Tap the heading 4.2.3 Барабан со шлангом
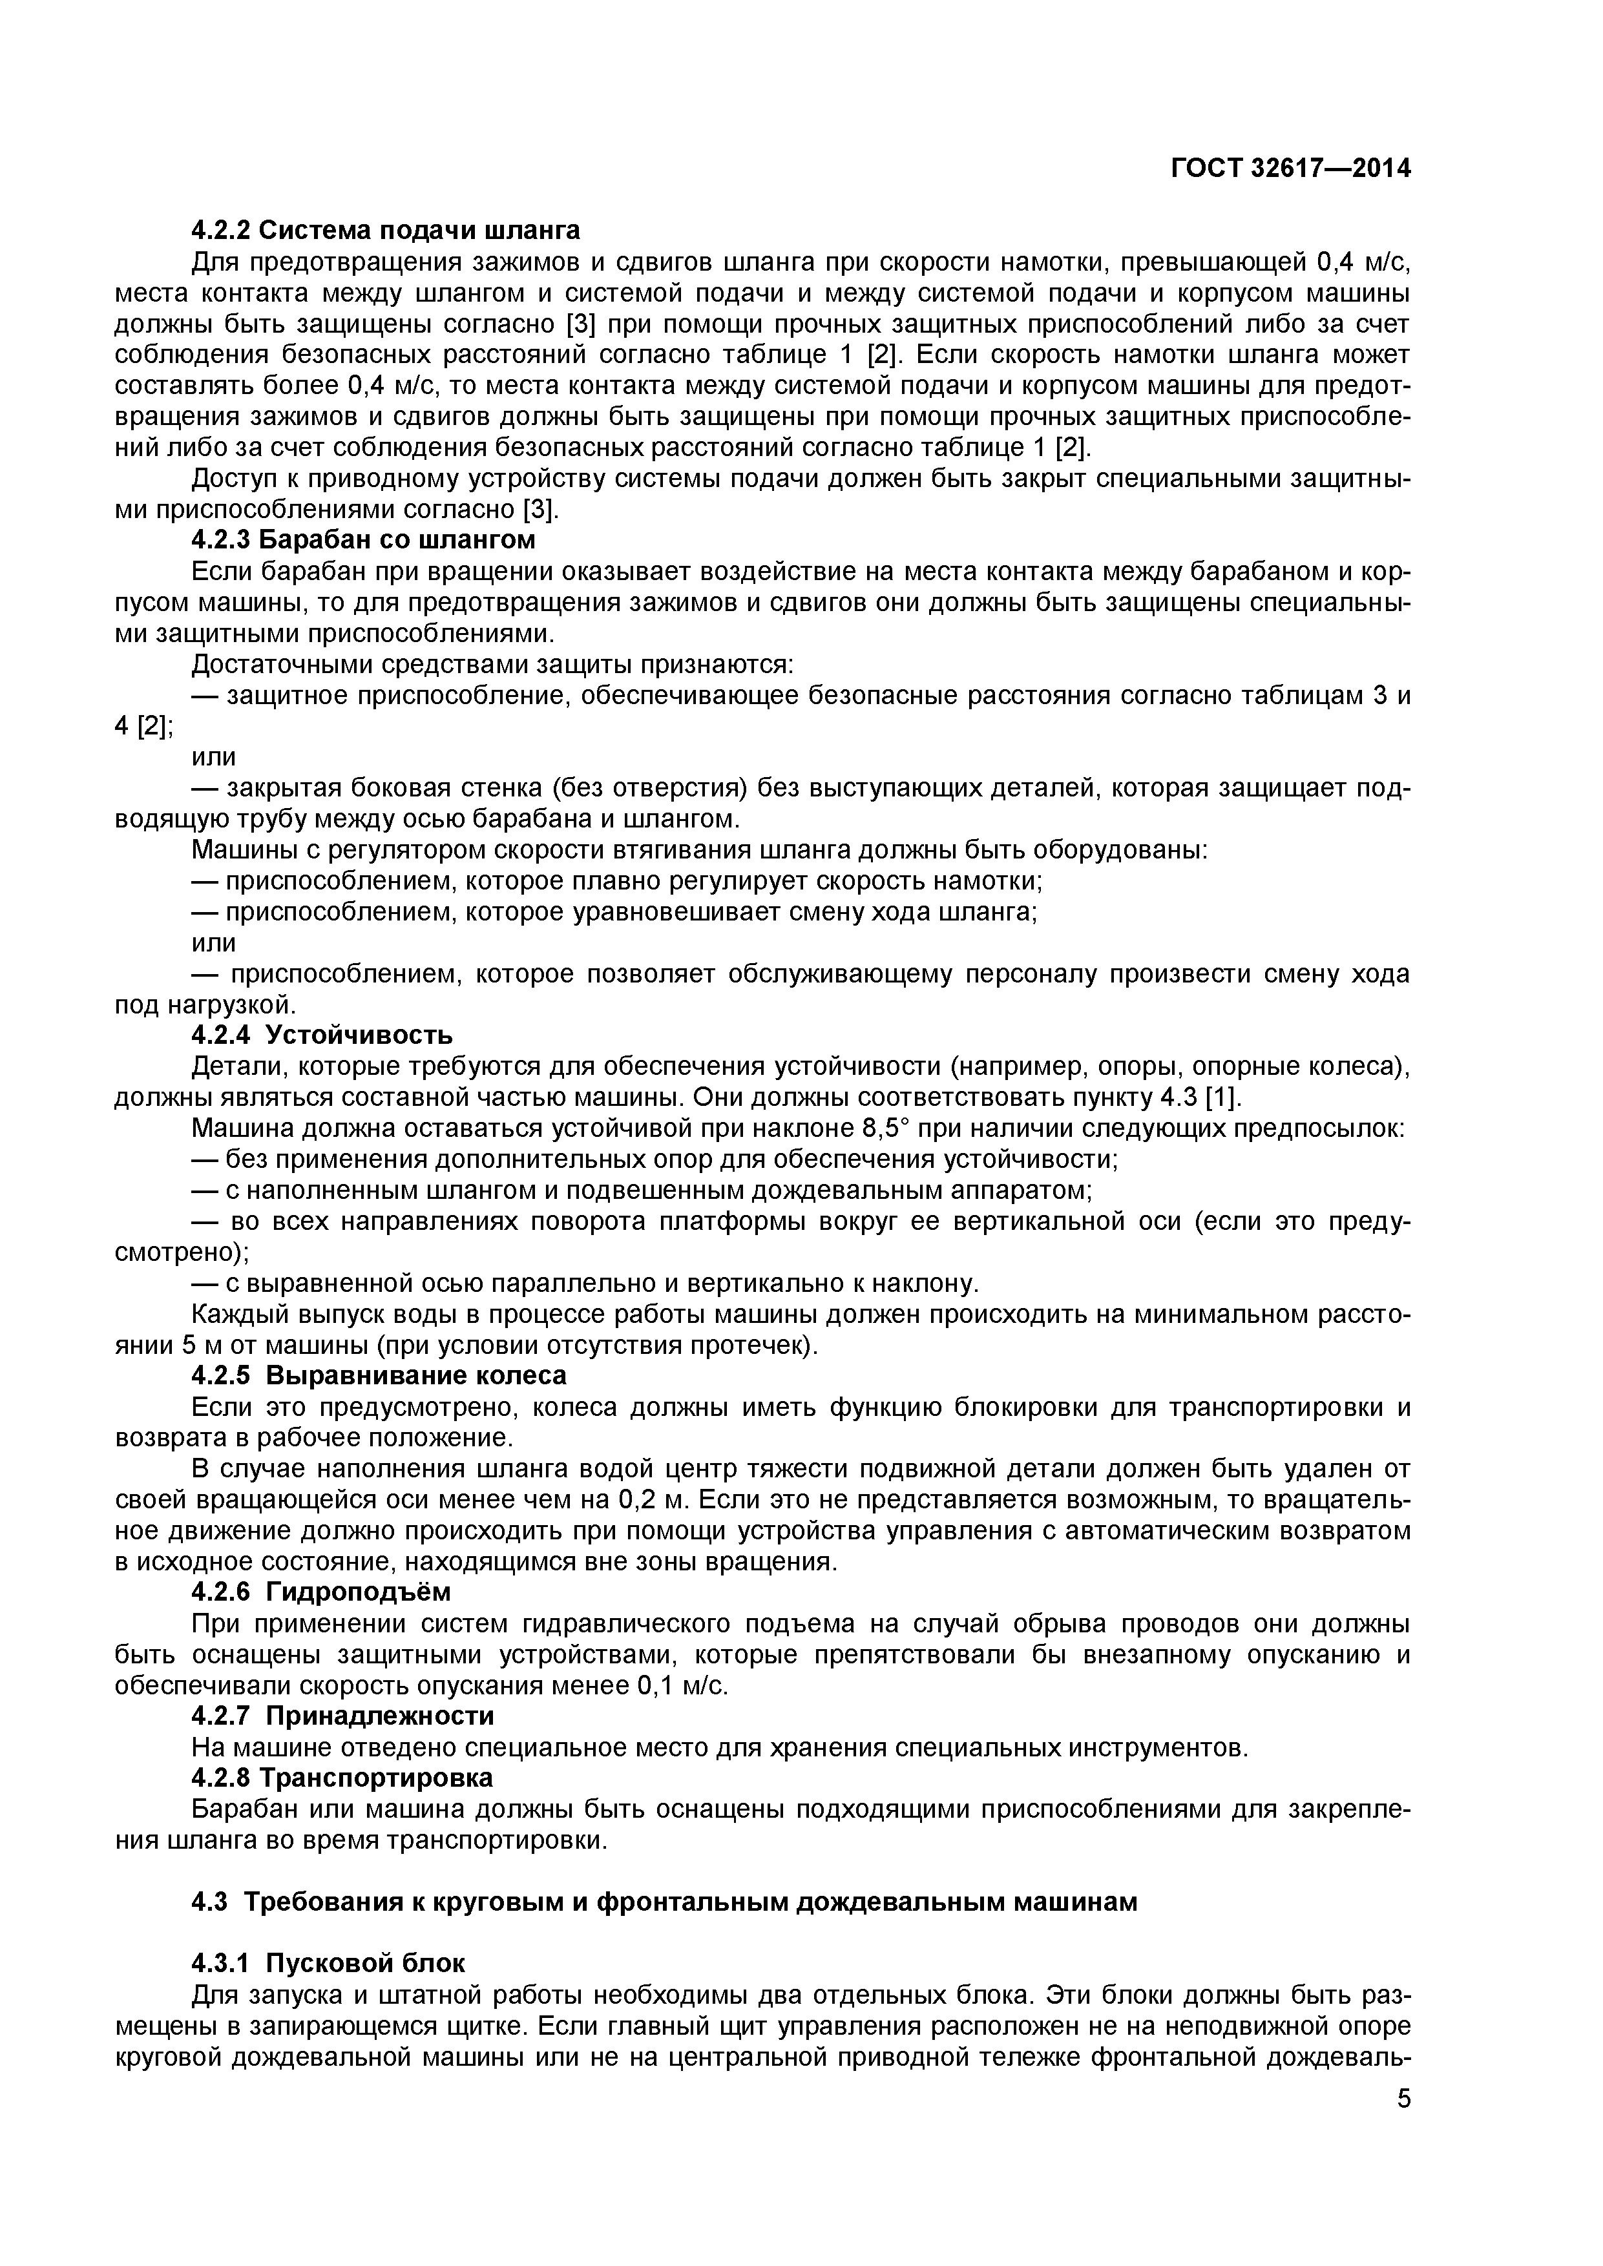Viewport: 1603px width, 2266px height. click(x=362, y=540)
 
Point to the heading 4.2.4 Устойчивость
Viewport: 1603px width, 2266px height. click(x=321, y=1035)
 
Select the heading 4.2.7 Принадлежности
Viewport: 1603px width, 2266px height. click(x=342, y=1716)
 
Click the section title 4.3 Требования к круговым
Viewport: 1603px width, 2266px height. click(x=664, y=1902)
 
